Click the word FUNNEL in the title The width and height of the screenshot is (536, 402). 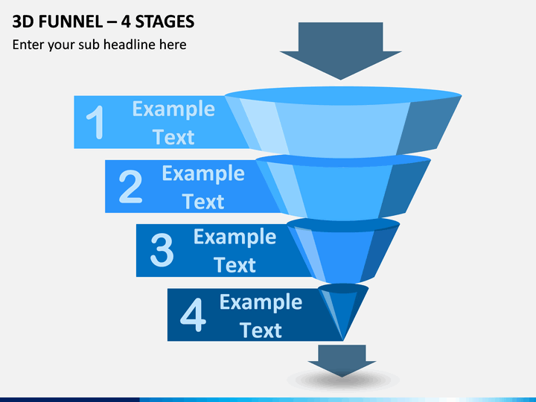click(x=71, y=22)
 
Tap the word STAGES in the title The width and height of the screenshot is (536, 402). click(x=165, y=22)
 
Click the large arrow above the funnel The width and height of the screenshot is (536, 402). click(x=340, y=51)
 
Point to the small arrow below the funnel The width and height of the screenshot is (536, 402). click(x=342, y=360)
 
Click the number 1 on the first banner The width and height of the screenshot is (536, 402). click(x=96, y=122)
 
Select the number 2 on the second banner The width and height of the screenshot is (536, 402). click(x=130, y=186)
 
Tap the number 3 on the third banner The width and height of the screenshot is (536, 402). click(x=162, y=250)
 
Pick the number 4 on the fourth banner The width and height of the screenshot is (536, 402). click(x=193, y=314)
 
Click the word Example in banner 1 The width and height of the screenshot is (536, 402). click(x=173, y=109)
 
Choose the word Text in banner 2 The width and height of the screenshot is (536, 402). click(x=203, y=201)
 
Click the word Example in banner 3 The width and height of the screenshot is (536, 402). click(x=234, y=237)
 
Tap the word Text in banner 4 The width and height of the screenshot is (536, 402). click(x=261, y=330)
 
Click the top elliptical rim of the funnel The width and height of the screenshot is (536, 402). click(x=343, y=95)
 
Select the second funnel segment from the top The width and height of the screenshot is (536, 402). click(x=343, y=188)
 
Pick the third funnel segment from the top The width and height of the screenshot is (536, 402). click(x=343, y=252)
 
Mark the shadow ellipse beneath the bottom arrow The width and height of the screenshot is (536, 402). click(x=343, y=380)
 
